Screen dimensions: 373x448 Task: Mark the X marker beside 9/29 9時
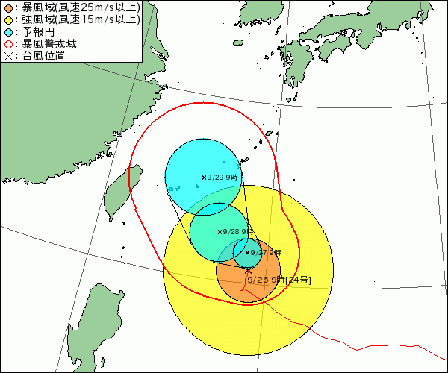(x=204, y=178)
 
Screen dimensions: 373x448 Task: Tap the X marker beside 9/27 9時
(x=247, y=253)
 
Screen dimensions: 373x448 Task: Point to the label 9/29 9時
(x=224, y=178)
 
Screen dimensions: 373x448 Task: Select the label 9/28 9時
(x=239, y=232)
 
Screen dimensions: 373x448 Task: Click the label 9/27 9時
(x=267, y=253)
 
